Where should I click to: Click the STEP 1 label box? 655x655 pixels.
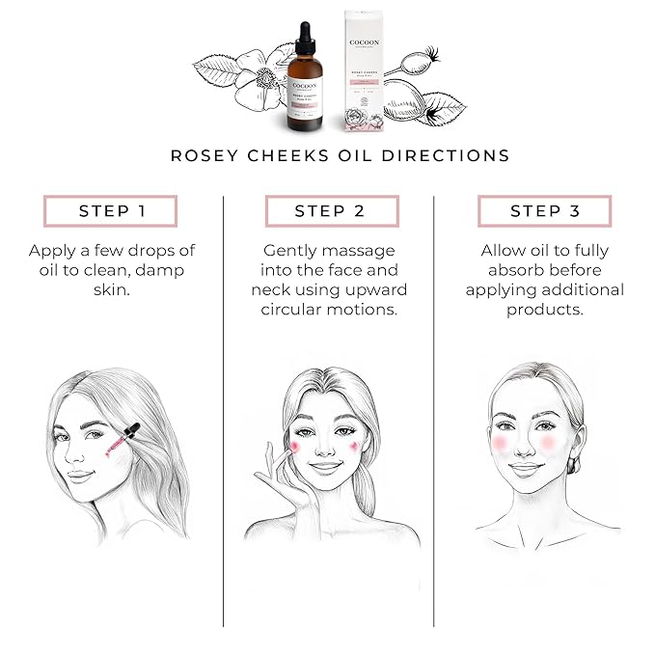click(x=110, y=211)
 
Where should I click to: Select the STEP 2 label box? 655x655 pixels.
click(x=328, y=211)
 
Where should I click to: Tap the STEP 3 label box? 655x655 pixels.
click(x=545, y=211)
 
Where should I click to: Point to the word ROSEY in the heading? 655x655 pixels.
click(x=204, y=155)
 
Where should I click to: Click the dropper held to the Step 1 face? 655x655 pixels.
click(x=120, y=440)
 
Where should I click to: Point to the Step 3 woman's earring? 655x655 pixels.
click(x=576, y=465)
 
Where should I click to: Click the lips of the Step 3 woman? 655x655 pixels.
click(x=526, y=468)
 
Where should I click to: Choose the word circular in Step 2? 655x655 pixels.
click(x=293, y=310)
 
